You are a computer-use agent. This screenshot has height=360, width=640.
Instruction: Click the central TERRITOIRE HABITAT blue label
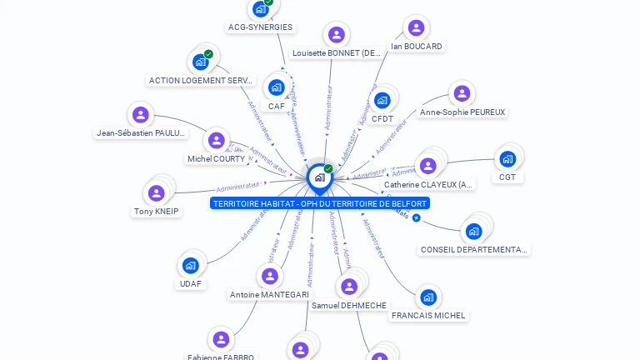(x=320, y=203)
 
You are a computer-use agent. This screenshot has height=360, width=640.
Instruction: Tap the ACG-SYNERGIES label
(x=260, y=27)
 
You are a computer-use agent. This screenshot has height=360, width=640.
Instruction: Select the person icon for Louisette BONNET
(x=336, y=35)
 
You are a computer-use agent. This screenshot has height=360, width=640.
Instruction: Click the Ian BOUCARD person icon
(x=416, y=28)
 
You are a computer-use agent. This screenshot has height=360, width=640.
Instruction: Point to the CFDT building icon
(x=382, y=101)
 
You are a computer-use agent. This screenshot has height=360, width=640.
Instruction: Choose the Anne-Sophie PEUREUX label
(x=462, y=112)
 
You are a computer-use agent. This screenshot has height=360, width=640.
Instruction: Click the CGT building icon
(x=507, y=159)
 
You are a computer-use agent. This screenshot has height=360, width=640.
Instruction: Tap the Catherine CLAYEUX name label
(x=428, y=185)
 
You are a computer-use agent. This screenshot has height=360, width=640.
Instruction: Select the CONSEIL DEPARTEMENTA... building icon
(x=474, y=231)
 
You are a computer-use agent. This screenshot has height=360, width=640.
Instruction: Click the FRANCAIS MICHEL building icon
(x=428, y=297)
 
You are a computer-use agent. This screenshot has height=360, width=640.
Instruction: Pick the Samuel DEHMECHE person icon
(x=349, y=287)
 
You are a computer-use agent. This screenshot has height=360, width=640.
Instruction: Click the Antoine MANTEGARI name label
(x=269, y=295)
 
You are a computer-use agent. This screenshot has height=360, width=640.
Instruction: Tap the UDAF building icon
(x=190, y=266)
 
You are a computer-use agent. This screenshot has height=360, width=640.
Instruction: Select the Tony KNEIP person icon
(x=157, y=193)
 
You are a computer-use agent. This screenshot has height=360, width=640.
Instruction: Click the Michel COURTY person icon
(x=217, y=141)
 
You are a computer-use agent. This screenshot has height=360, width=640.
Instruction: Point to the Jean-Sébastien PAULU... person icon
(x=141, y=115)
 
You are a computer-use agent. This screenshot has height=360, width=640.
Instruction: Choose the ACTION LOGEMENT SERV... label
(x=201, y=81)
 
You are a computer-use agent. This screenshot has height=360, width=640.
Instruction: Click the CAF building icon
(x=276, y=87)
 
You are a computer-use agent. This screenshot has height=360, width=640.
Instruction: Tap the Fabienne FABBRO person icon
(x=221, y=340)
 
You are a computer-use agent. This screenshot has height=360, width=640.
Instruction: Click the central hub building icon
(x=319, y=177)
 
